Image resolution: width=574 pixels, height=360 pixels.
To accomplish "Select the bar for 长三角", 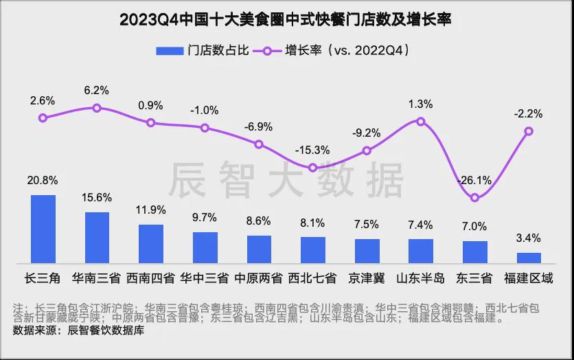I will [43, 229].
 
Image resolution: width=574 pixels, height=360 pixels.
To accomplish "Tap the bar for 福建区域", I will [529, 258].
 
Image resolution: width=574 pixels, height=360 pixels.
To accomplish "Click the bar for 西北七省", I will [313, 249].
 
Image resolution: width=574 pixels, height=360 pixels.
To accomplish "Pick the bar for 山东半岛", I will [421, 251].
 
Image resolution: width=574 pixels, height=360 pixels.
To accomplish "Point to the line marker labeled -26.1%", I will [475, 198].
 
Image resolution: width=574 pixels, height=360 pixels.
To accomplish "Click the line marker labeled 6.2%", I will [97, 108].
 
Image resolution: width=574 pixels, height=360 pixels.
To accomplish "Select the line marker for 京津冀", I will [367, 150].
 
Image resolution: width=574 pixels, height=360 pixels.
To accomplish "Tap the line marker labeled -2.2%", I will [529, 131].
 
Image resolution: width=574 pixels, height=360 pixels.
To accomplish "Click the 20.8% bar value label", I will [43, 181].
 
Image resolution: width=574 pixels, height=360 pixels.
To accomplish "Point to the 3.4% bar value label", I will [529, 238].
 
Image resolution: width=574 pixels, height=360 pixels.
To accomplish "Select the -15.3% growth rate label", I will [312, 150].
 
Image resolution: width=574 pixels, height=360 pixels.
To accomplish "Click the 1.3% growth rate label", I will [421, 104].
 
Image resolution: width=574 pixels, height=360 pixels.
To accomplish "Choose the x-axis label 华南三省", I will [97, 278].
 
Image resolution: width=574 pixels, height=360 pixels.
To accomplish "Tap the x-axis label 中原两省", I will [259, 278].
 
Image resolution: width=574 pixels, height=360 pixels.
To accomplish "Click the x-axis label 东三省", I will [475, 278].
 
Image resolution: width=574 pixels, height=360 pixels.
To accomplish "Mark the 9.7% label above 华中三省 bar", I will [205, 217].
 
